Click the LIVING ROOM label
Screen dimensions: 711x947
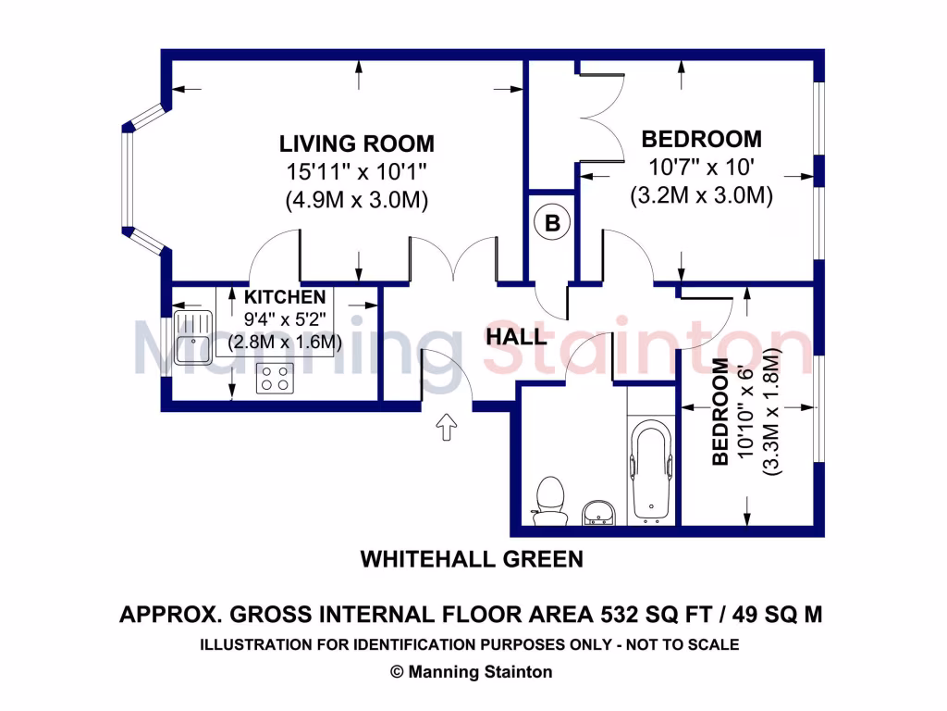coord(357,143)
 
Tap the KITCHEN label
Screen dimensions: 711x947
coord(284,297)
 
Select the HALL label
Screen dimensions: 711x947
coord(516,337)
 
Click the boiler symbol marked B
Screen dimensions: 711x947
coord(552,223)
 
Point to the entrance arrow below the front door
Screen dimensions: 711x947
coord(447,428)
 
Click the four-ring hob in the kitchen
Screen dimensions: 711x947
coord(275,377)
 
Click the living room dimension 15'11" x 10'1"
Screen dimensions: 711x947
coord(357,171)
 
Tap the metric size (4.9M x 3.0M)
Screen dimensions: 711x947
coord(357,200)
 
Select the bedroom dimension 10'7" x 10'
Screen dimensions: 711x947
coord(701,168)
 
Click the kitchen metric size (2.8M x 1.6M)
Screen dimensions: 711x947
coord(285,342)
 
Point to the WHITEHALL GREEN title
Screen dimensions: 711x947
coord(472,559)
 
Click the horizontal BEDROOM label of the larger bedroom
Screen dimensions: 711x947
coord(701,139)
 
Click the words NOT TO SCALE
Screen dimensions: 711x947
coord(686,644)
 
